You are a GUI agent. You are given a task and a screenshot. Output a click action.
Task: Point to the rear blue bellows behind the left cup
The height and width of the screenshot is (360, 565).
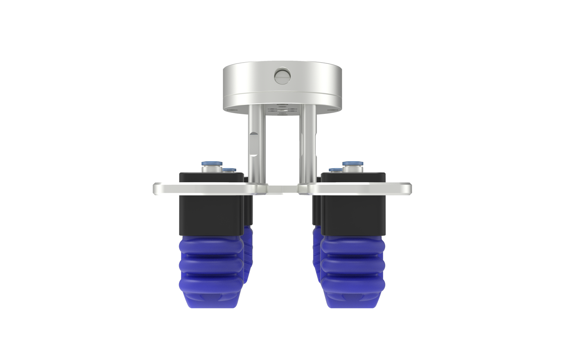(x=249, y=250)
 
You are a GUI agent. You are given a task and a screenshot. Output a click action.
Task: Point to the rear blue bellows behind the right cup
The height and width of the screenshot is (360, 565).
(x=316, y=250)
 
